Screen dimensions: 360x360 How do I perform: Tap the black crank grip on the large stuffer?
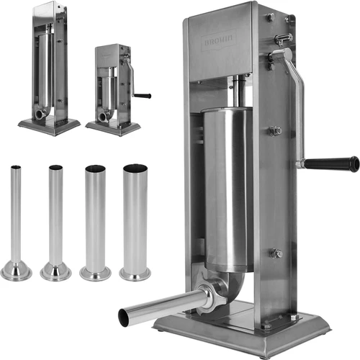(x=332, y=164)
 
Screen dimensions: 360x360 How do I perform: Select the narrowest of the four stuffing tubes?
(x=16, y=216)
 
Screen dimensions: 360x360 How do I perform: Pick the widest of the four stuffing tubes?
(x=135, y=220)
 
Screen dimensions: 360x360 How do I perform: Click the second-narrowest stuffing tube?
(x=55, y=216)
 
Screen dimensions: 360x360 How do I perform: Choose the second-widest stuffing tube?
(x=95, y=220)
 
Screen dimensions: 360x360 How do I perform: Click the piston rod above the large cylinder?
(x=236, y=94)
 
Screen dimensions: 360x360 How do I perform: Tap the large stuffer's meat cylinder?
(x=227, y=187)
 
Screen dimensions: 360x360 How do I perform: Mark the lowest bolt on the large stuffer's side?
(x=275, y=253)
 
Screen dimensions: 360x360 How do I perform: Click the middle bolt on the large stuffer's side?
(x=274, y=131)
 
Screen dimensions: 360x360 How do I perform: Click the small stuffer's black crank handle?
(x=143, y=95)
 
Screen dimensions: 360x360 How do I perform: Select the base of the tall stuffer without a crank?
(x=49, y=128)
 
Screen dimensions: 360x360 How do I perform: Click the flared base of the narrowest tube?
(x=16, y=271)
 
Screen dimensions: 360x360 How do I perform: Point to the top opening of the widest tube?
(x=135, y=168)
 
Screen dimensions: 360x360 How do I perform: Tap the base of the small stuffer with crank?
(x=113, y=129)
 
